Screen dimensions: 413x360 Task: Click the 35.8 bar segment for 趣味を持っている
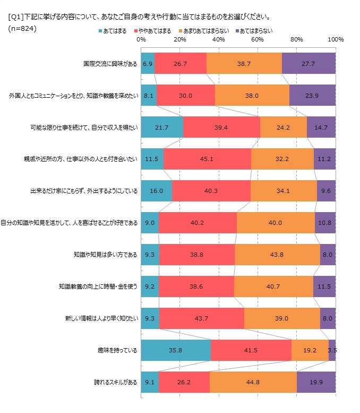tap(176, 350)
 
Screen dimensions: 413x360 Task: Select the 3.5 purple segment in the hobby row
tap(332, 350)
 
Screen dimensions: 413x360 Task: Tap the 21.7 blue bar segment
tap(162, 127)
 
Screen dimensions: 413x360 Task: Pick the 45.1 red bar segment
tap(207, 159)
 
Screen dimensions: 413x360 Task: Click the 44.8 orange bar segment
tap(253, 382)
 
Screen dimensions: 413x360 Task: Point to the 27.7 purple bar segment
tap(308, 63)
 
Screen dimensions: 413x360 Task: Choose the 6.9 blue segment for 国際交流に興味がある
tap(148, 63)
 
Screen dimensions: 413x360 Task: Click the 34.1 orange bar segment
tap(284, 191)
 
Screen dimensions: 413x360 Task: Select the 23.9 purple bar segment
tap(312, 95)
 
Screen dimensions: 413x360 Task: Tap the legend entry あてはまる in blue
tap(113, 31)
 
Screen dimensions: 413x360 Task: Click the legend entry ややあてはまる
tap(155, 31)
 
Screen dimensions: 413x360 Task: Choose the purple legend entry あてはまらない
tap(255, 31)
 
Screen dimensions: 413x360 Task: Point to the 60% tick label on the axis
tap(258, 39)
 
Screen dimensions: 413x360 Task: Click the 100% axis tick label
tap(336, 39)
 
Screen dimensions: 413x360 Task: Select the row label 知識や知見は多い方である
tap(105, 255)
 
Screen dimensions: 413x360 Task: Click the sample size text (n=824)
tap(22, 28)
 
